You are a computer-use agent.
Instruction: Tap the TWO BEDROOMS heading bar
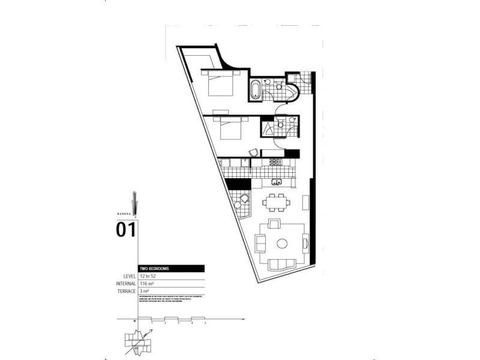coord(172,268)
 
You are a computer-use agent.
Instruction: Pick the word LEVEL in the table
coord(128,276)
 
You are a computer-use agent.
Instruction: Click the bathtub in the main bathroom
coord(256,89)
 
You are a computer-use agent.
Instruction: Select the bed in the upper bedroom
coord(220,85)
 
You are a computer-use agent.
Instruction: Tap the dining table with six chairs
coord(277,201)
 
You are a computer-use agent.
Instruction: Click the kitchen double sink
coord(277,182)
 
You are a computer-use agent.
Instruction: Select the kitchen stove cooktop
coord(275,162)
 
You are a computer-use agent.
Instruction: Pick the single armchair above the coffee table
coord(274,224)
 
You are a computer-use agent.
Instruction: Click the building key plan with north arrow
coord(139,341)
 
